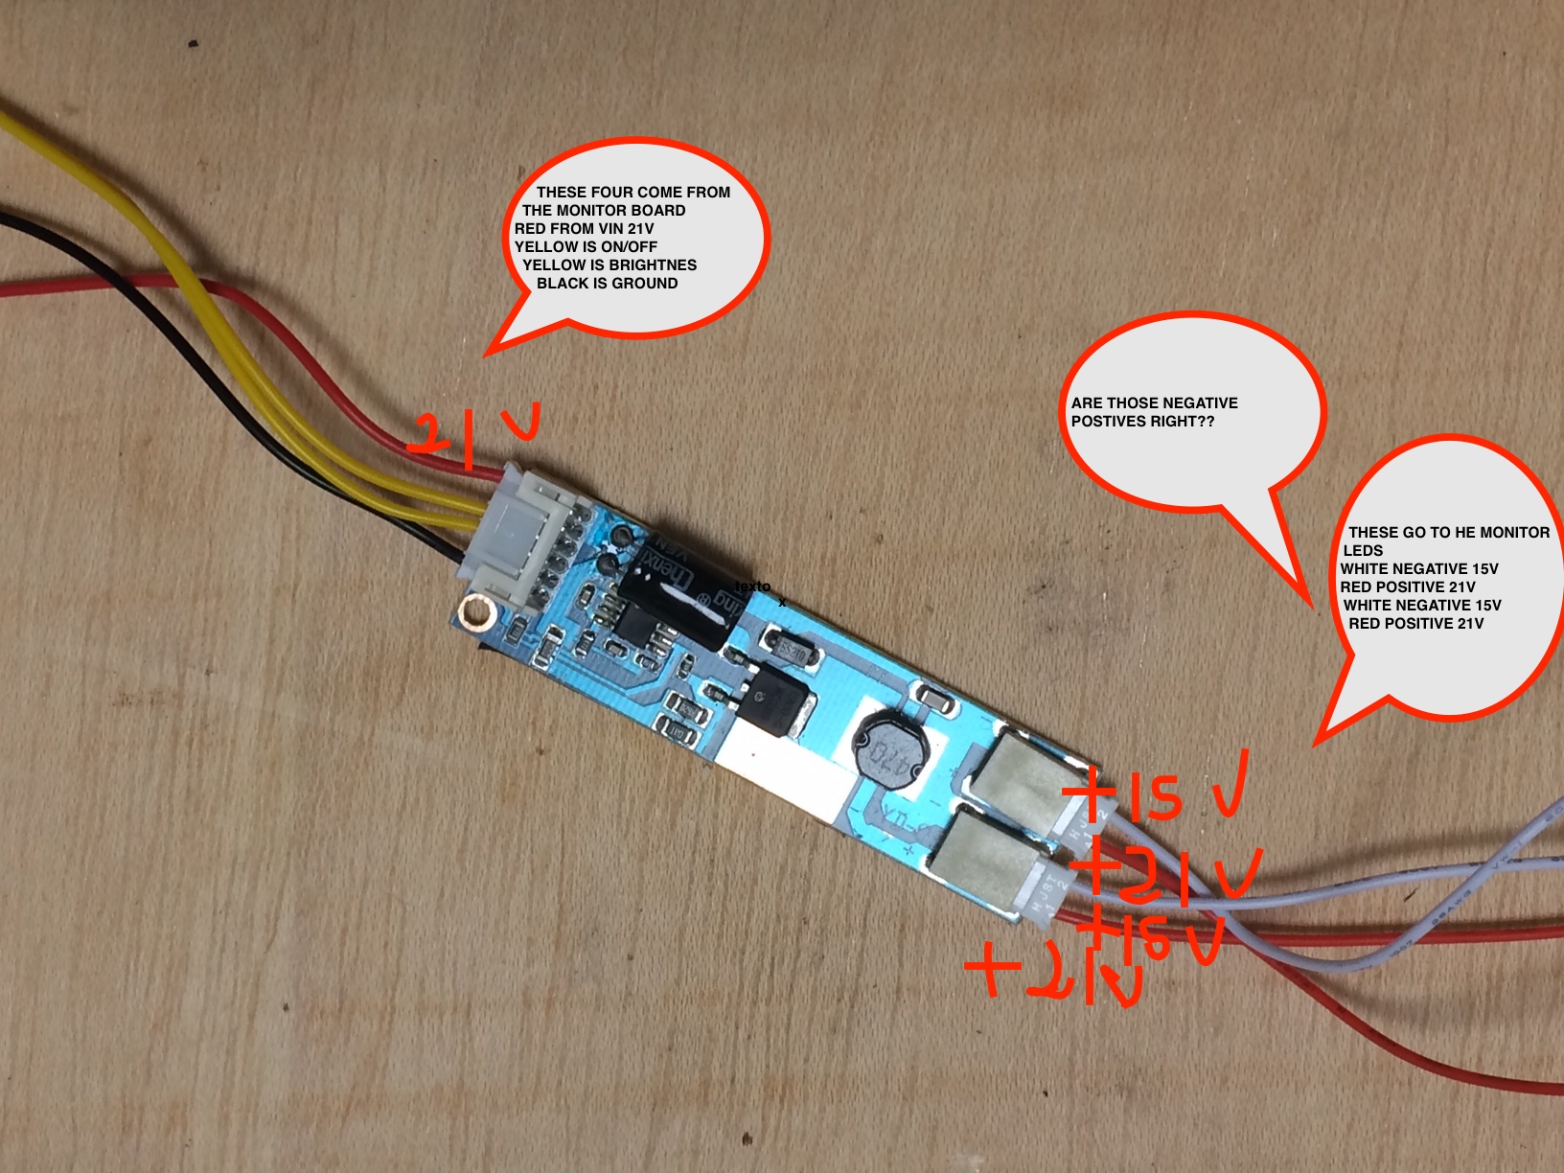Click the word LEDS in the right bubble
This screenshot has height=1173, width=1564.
click(x=1363, y=551)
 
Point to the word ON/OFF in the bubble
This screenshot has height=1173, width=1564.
click(x=629, y=247)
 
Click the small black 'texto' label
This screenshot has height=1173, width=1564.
click(x=752, y=586)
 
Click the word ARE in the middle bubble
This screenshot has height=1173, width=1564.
click(x=1087, y=403)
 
